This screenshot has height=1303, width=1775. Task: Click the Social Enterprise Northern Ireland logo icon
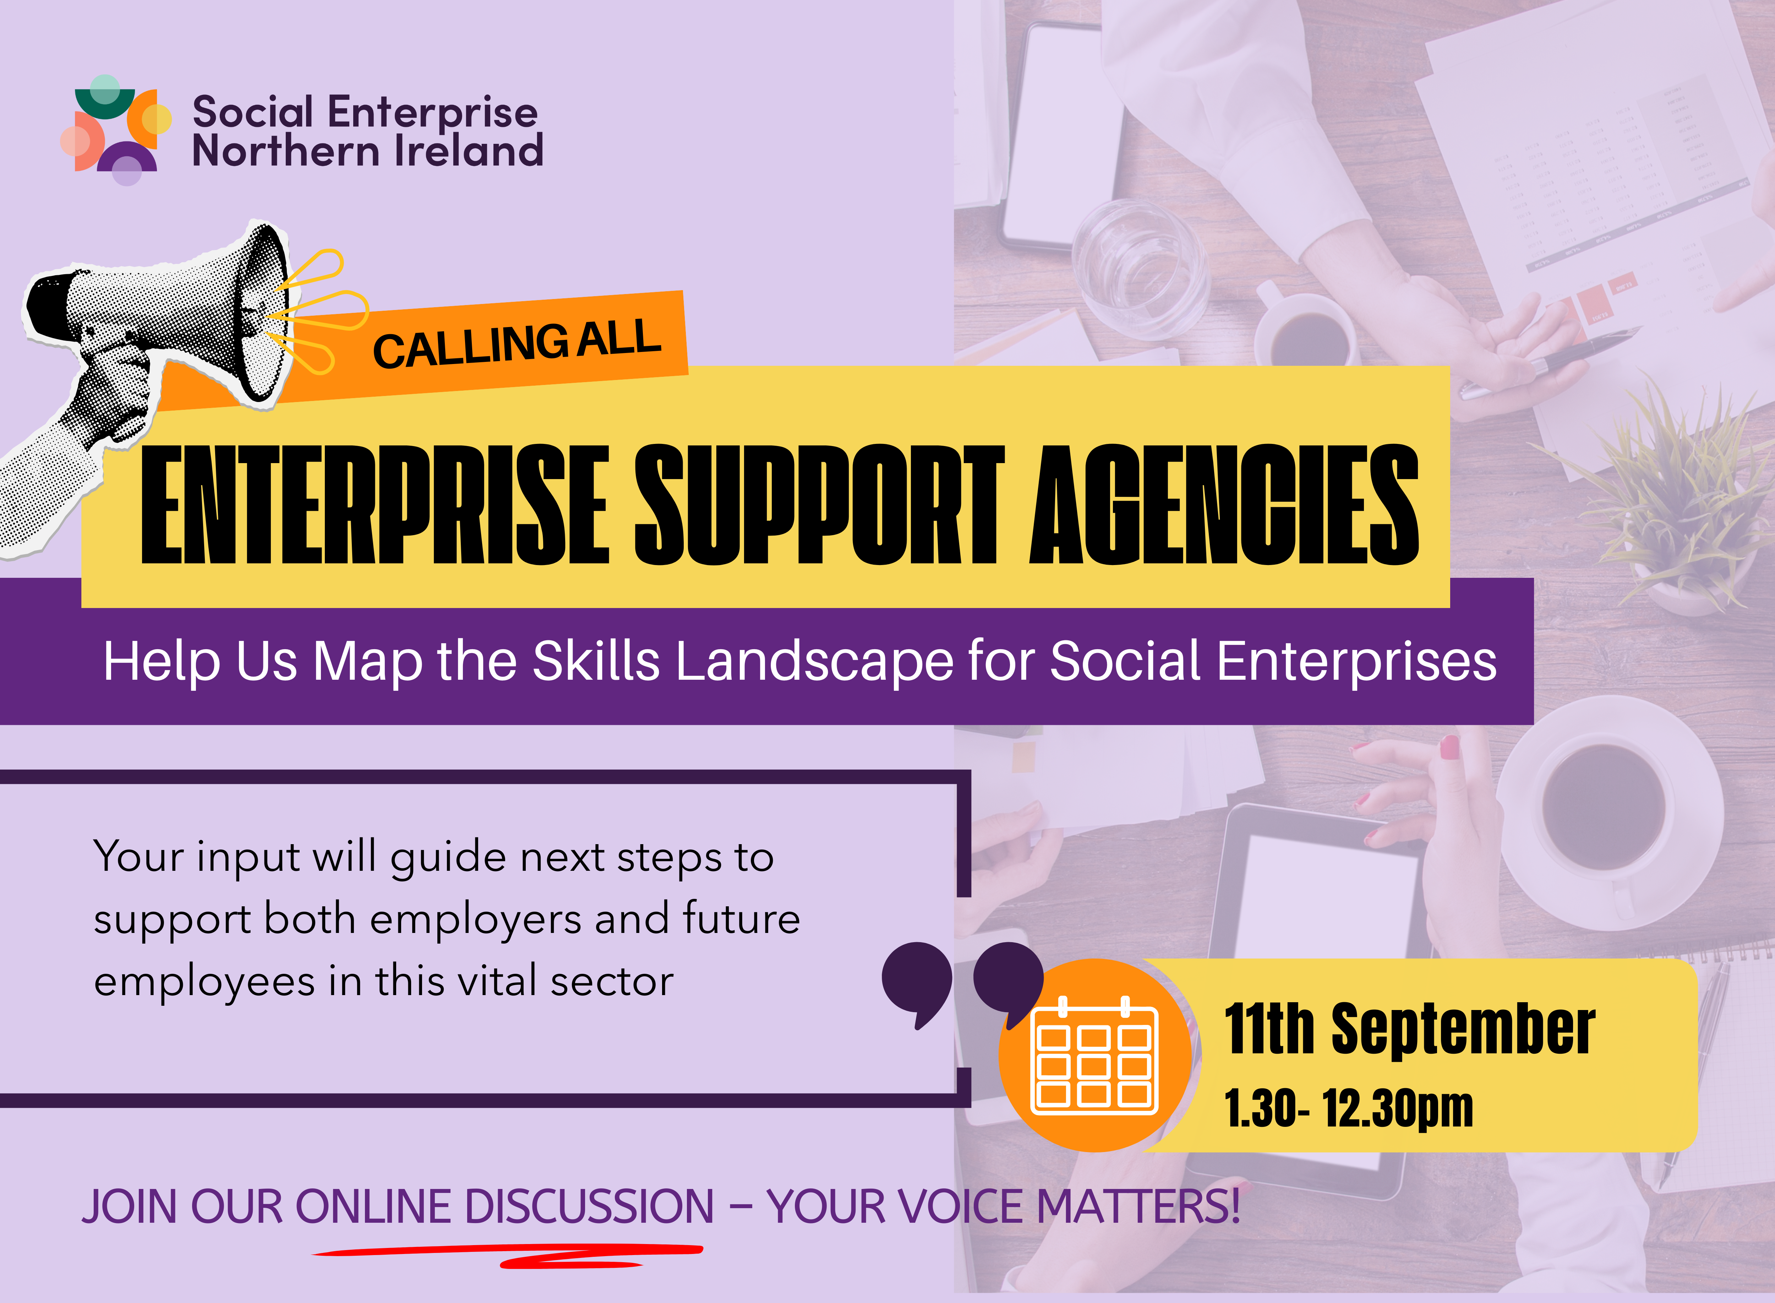click(116, 130)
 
